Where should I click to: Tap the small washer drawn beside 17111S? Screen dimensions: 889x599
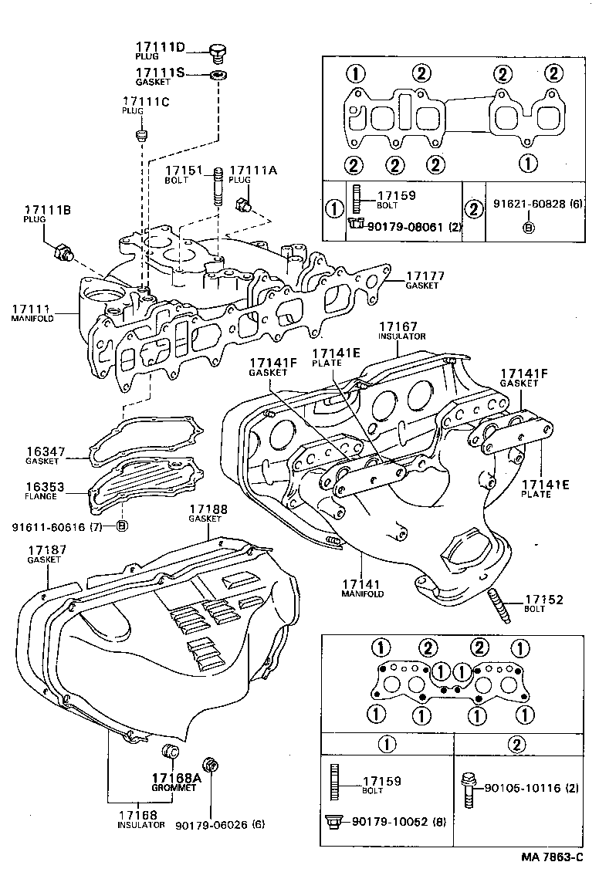[219, 75]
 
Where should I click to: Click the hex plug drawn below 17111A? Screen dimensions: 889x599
[242, 205]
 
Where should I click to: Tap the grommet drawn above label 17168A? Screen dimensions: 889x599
[171, 752]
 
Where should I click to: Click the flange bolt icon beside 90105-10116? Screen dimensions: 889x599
[468, 789]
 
